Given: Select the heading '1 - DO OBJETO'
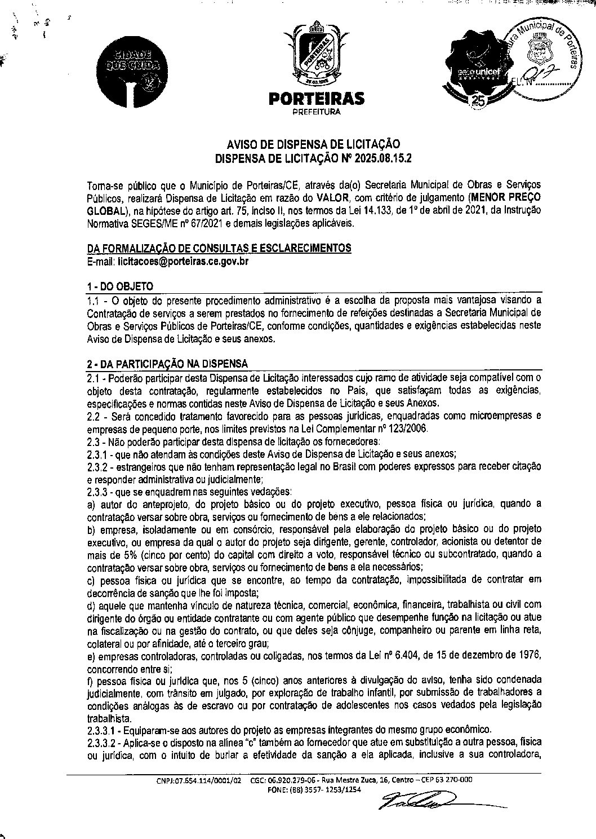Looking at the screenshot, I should (120, 286).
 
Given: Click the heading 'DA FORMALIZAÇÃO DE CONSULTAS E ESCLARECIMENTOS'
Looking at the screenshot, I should (219, 249).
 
